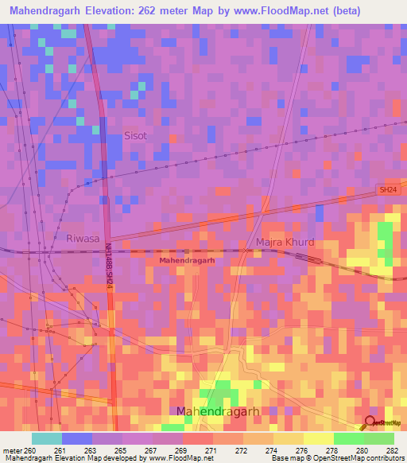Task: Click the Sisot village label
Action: click(x=136, y=136)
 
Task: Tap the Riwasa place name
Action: click(x=82, y=237)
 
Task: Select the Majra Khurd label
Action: click(x=285, y=242)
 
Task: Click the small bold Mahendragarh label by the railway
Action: click(x=188, y=260)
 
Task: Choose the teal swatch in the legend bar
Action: click(x=47, y=438)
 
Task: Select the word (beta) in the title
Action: click(x=348, y=11)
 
